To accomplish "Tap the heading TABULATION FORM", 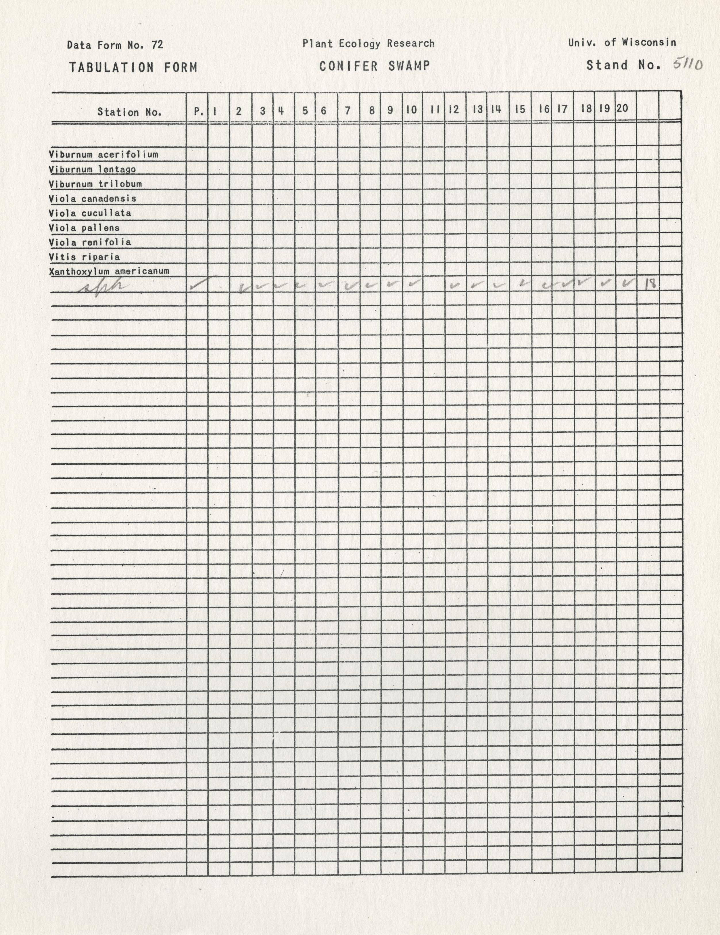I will (133, 67).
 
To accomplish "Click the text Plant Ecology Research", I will (368, 43).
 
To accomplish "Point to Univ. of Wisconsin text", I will (622, 42).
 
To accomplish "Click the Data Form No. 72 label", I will (115, 45).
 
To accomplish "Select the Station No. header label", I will (129, 112).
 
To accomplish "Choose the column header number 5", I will (305, 110).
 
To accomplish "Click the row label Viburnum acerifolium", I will (103, 154).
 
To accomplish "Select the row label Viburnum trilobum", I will (95, 184).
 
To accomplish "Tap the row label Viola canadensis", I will (92, 199).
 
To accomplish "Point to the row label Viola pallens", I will (84, 228).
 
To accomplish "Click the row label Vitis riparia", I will (84, 257).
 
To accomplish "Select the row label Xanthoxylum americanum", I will (109, 271).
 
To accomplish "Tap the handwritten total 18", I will (650, 283).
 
